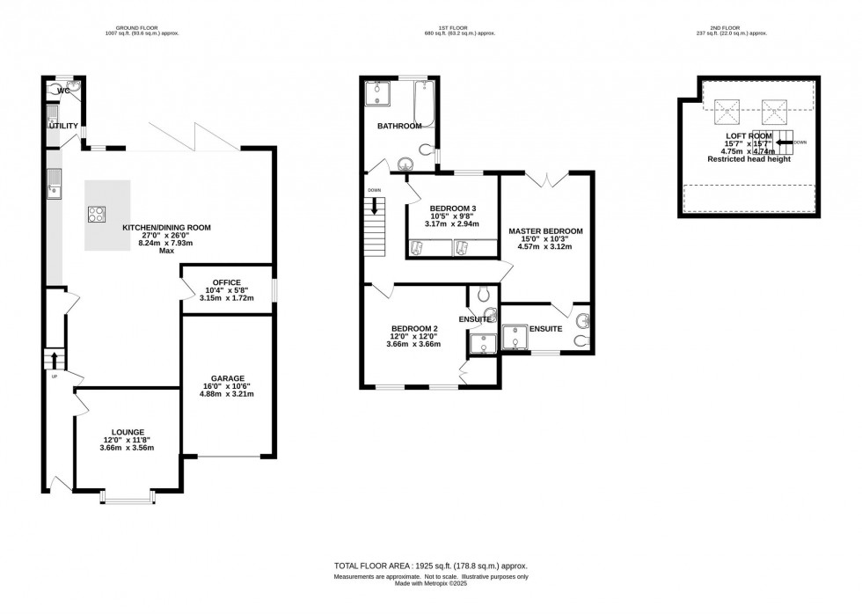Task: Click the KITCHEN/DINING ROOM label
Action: coord(166,228)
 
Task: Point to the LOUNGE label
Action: coord(127,432)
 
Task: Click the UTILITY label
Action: coord(62,126)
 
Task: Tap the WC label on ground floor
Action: coord(62,91)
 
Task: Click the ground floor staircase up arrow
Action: coord(55,359)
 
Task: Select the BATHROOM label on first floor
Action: coord(400,127)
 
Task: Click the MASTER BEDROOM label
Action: coord(545,231)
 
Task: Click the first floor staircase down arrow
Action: coord(376,208)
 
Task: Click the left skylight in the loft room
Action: coord(727,110)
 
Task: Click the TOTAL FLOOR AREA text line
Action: coord(430,566)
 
